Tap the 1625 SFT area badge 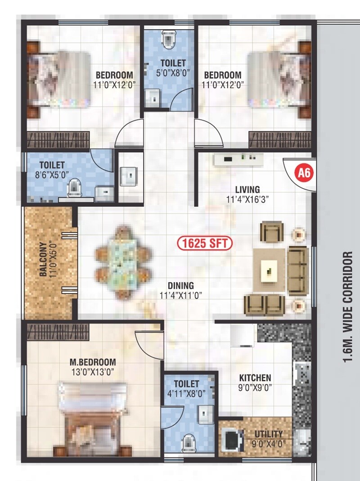coord(205,243)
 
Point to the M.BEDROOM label coord(93,362)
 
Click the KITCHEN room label coord(255,378)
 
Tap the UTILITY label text coord(268,434)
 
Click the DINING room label coord(180,286)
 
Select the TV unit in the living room coord(238,158)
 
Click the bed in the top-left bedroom coord(58,80)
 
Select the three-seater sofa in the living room coord(297,270)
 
